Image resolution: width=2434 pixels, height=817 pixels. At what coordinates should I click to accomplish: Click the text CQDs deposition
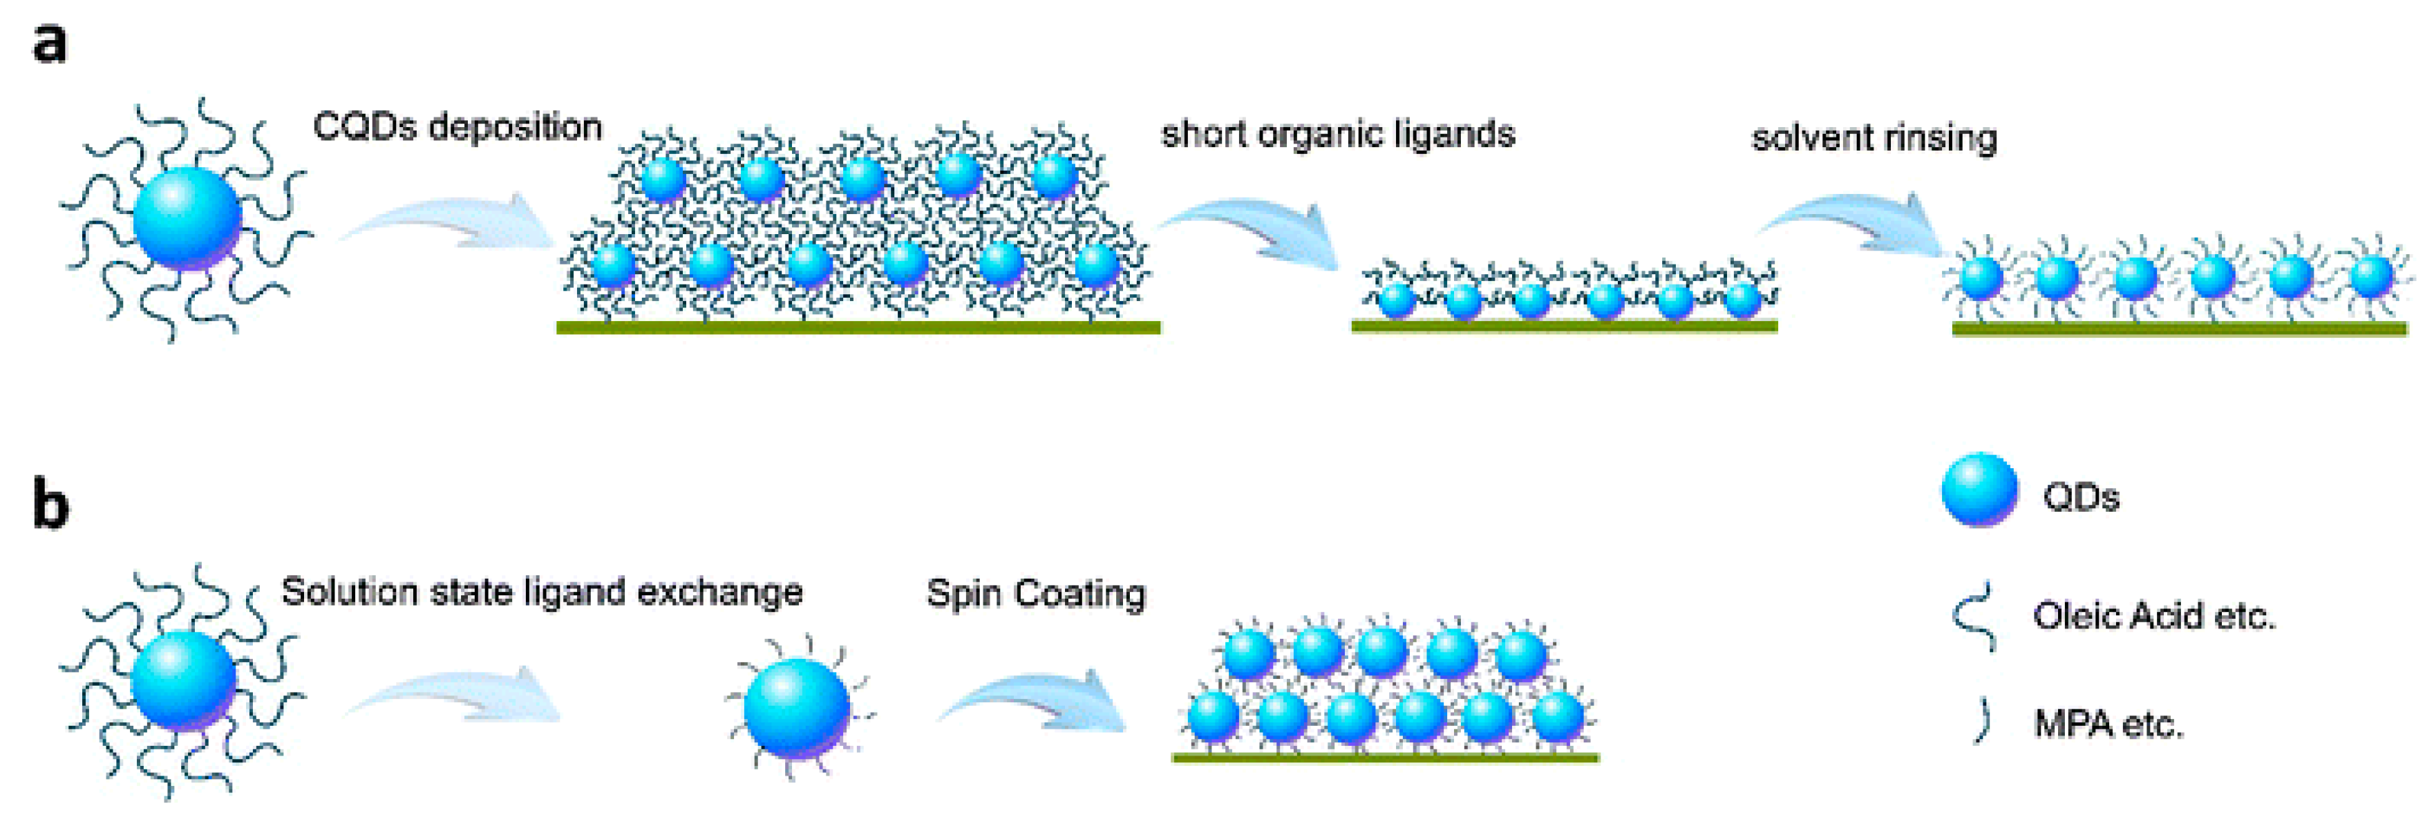tap(457, 126)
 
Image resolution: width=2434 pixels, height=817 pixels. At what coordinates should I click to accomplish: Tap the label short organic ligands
tap(1337, 134)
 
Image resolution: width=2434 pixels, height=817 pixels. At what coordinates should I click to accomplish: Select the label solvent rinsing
tap(1874, 139)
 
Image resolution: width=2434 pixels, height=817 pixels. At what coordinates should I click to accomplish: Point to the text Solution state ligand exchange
tap(541, 593)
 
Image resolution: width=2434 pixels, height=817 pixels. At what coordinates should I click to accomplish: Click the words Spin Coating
tap(1035, 594)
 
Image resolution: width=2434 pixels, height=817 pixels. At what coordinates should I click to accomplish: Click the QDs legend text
tap(2081, 497)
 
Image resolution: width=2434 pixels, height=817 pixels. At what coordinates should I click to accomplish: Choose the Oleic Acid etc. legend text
tap(2154, 617)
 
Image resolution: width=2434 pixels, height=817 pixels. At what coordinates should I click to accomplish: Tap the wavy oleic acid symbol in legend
tap(1975, 616)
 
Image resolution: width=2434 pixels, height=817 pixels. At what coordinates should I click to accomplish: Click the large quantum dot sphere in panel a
tap(187, 219)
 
